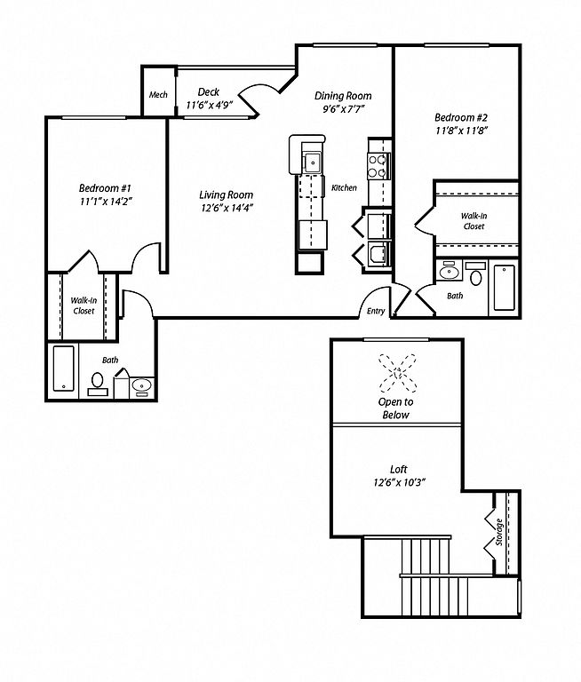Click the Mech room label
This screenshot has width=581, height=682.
(x=158, y=95)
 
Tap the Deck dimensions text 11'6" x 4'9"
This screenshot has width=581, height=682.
(x=210, y=106)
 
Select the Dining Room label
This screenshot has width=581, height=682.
(x=343, y=96)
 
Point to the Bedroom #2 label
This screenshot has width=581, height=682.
(x=461, y=117)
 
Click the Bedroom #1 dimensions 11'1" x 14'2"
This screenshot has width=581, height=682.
(x=105, y=202)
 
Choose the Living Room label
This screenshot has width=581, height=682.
(x=226, y=194)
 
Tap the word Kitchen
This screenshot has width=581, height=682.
(x=344, y=188)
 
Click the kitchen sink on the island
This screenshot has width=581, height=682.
(x=312, y=163)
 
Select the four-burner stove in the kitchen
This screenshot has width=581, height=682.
(x=378, y=166)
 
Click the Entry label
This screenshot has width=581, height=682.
(x=376, y=311)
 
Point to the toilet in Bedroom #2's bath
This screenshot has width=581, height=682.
(x=475, y=274)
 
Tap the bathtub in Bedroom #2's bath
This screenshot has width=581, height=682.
(x=504, y=288)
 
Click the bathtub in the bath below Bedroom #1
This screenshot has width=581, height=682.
(x=64, y=368)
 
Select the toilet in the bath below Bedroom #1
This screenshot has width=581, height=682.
(x=98, y=384)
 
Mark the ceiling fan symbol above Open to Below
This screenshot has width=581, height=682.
(x=397, y=373)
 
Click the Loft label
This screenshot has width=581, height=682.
(x=398, y=469)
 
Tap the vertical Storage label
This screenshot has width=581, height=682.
(x=499, y=532)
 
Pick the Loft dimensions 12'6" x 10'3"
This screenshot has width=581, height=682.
(x=399, y=482)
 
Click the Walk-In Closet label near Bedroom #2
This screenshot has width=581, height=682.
(x=474, y=221)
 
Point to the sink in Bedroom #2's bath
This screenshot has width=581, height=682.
(x=450, y=273)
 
